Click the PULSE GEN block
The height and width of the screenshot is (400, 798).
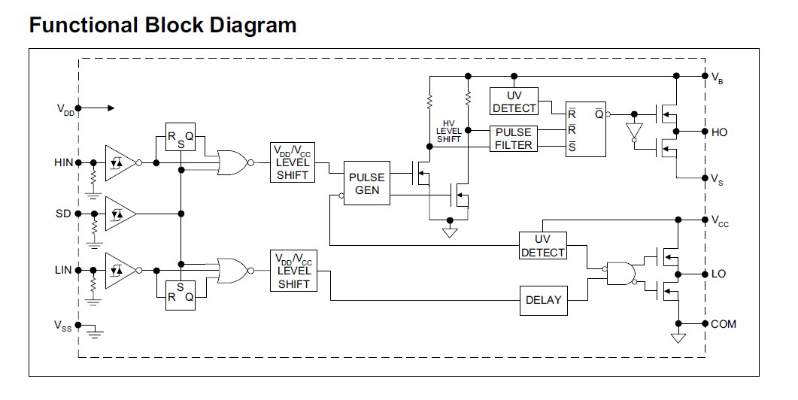(x=366, y=183)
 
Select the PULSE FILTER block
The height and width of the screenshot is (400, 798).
(x=514, y=138)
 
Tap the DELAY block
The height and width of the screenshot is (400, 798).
(x=543, y=300)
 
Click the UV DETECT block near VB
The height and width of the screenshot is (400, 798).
(x=514, y=102)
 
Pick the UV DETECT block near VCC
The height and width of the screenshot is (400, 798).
(x=542, y=246)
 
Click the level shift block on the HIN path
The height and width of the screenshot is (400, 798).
(x=293, y=162)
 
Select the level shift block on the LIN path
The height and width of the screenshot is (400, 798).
(x=293, y=271)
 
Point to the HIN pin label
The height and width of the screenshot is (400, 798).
(x=62, y=162)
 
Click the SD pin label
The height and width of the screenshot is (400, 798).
(x=64, y=214)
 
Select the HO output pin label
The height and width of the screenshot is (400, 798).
(x=719, y=132)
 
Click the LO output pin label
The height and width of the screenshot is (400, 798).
(x=718, y=274)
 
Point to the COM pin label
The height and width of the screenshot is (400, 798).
(x=723, y=324)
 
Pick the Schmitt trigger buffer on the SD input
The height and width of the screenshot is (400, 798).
(x=120, y=214)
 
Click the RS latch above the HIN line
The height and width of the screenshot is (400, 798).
(x=181, y=137)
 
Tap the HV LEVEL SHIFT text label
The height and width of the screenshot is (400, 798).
(x=449, y=131)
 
